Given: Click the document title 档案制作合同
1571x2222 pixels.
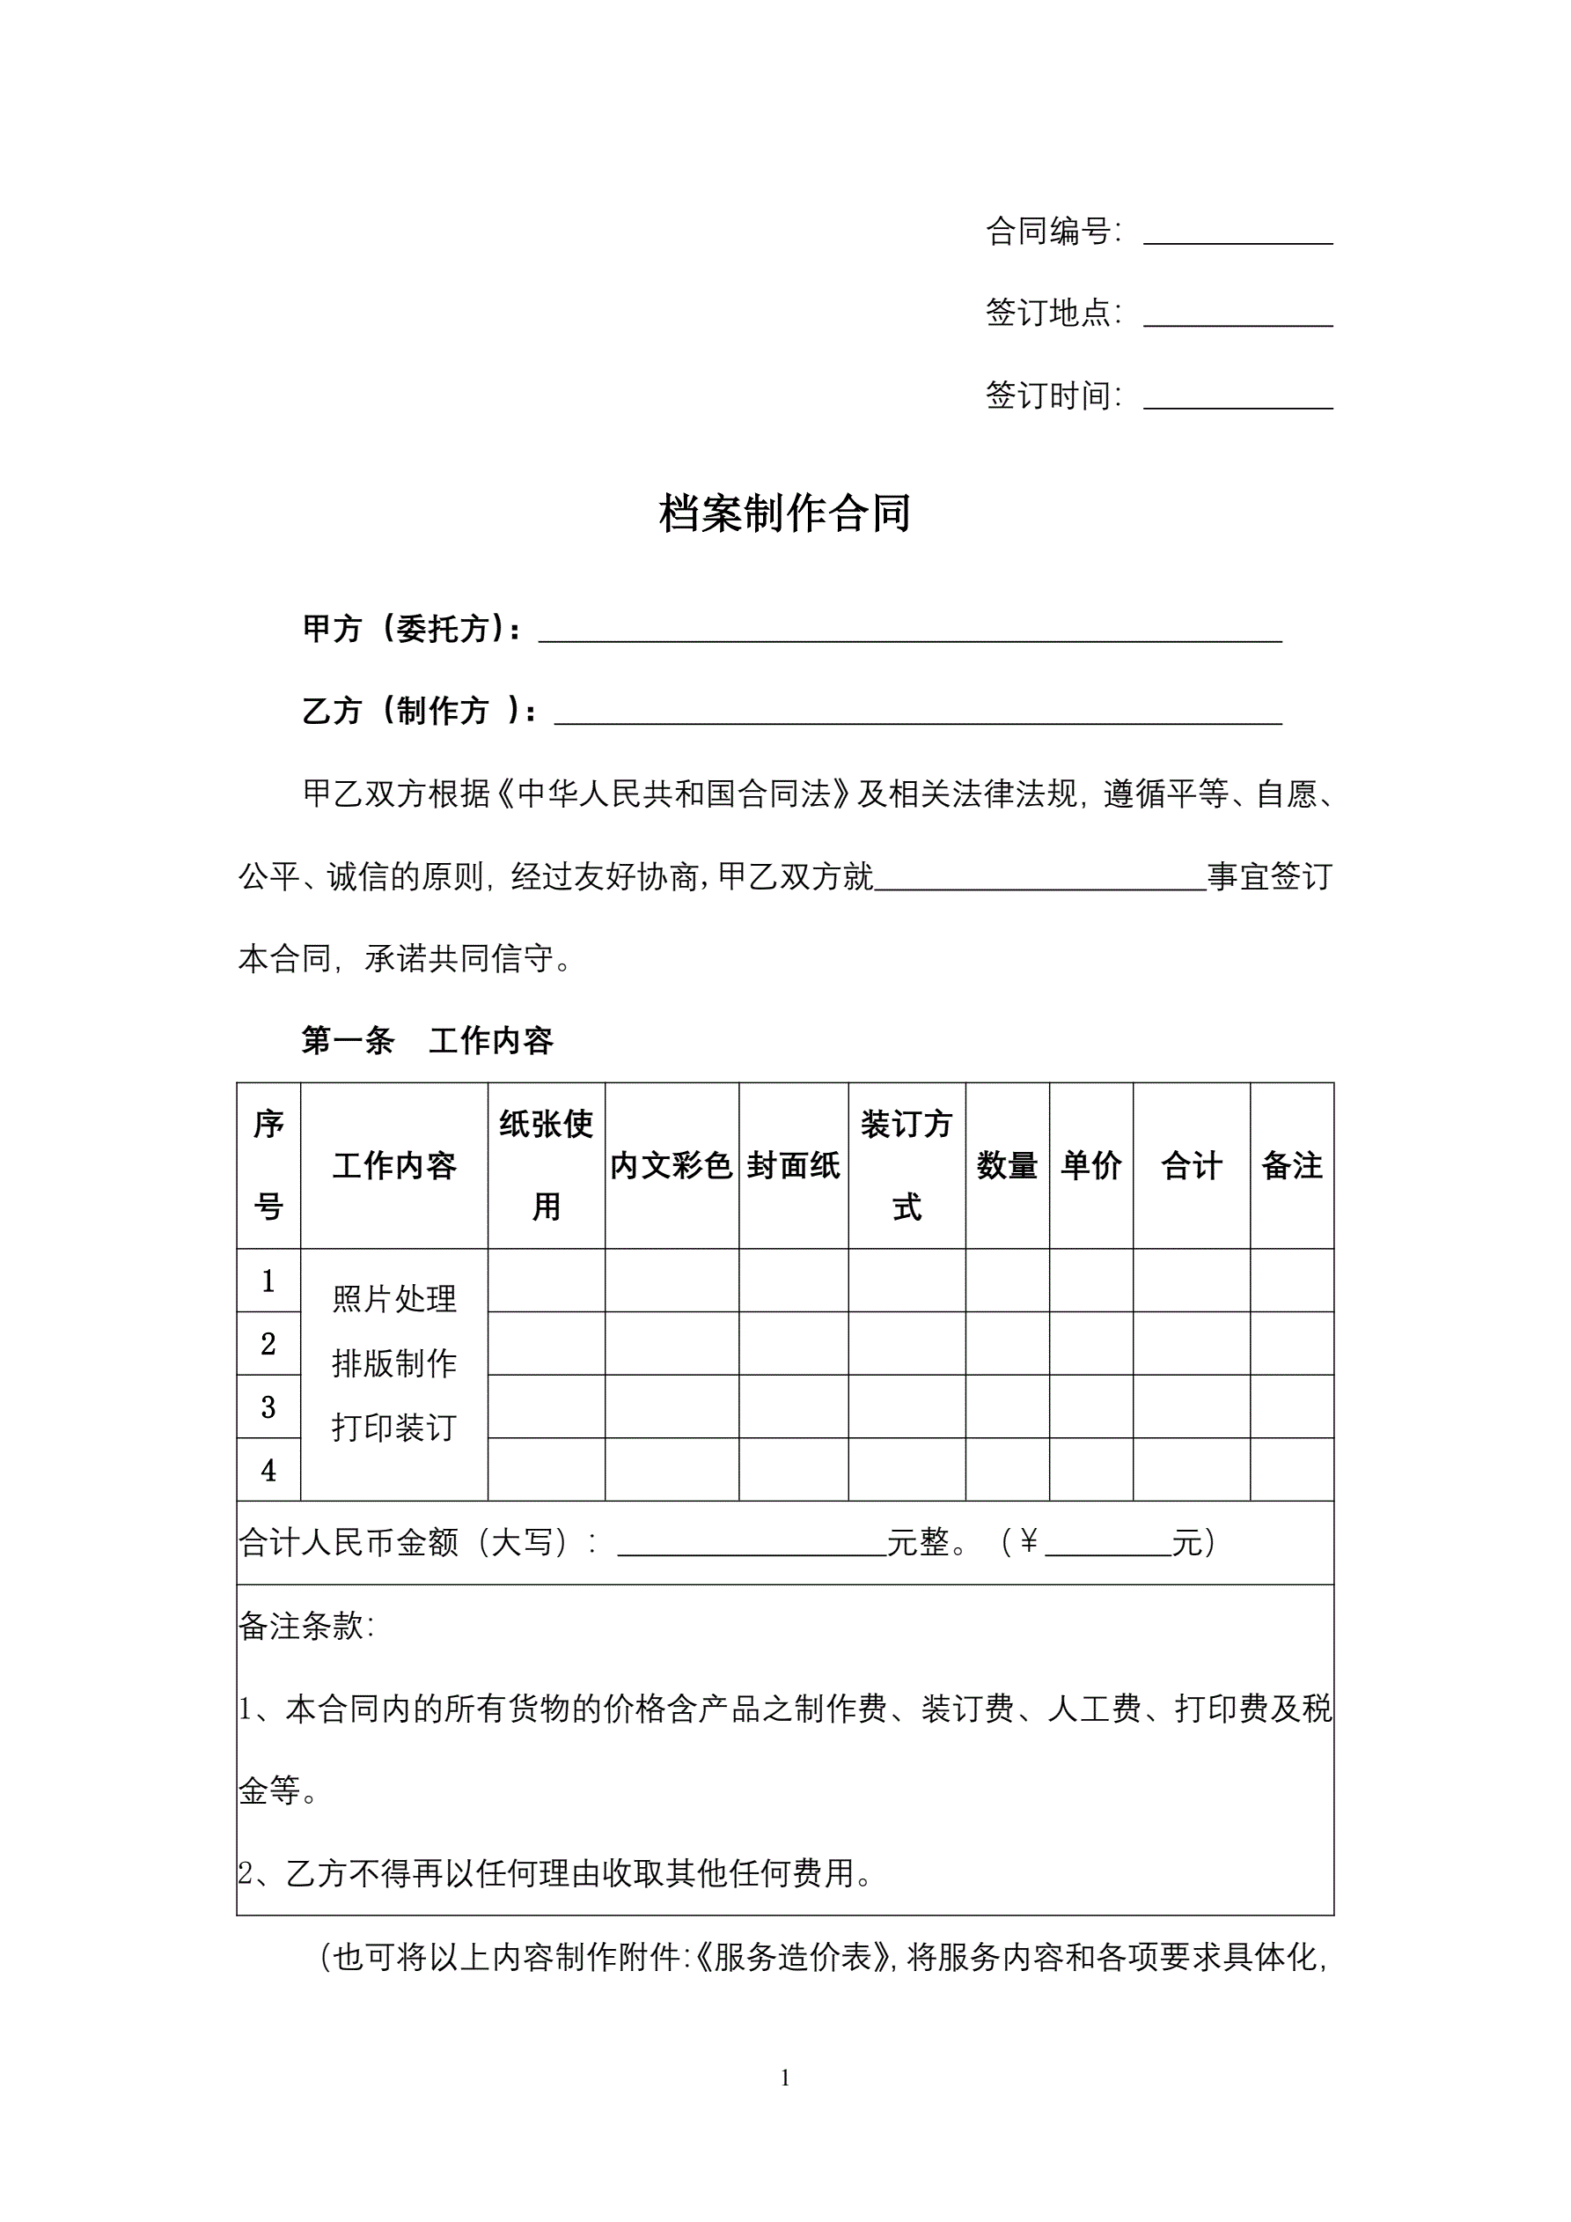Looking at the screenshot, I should (784, 513).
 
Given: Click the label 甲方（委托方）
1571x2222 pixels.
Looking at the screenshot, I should (412, 629).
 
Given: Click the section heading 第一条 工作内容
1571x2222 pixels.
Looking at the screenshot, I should (427, 1040).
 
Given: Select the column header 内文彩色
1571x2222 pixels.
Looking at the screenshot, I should (672, 1165).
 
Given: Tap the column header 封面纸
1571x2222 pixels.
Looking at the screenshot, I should (793, 1165).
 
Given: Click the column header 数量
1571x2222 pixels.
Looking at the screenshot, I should (1007, 1165).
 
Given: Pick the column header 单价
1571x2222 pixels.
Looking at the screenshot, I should (1091, 1165).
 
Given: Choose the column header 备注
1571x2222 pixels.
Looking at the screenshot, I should (1291, 1165).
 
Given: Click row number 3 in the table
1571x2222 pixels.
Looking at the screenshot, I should (268, 1407).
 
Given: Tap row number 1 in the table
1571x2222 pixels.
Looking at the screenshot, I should (268, 1281).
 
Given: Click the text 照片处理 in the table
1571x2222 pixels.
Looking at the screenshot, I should (393, 1299).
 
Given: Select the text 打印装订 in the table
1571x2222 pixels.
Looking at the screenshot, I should (393, 1428).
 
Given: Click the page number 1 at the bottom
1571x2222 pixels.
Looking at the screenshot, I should (784, 2078).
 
